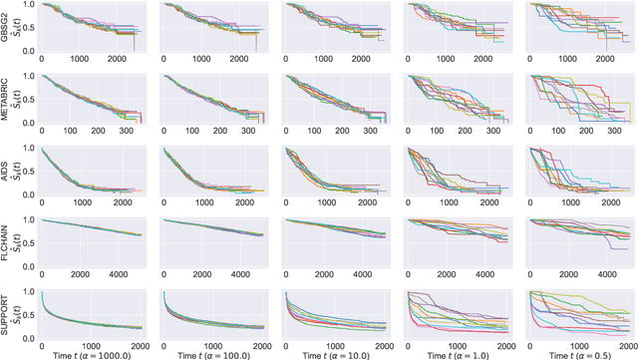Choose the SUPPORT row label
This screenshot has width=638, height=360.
pos(6,315)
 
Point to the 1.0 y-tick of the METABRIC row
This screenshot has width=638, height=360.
pos(29,77)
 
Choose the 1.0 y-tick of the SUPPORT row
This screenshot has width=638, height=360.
pos(29,291)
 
